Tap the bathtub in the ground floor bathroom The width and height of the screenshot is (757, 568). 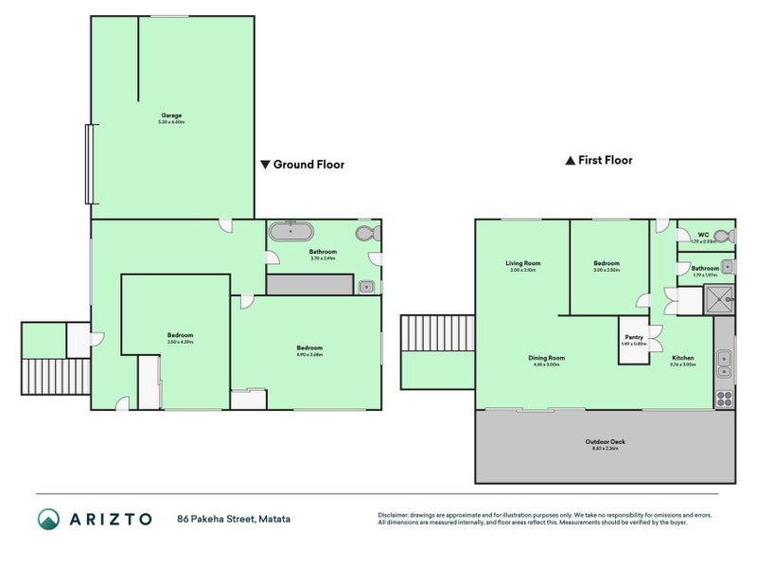click(x=290, y=231)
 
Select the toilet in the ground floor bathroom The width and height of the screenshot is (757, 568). click(x=366, y=234)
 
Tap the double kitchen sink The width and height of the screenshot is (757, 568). click(x=724, y=359)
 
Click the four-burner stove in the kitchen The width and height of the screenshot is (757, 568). click(x=724, y=398)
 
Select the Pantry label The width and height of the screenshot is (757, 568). click(x=632, y=338)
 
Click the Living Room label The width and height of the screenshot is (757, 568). click(x=522, y=264)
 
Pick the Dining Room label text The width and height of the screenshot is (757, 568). click(x=546, y=359)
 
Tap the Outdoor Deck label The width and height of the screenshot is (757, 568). click(x=605, y=443)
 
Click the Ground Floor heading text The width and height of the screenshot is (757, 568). click(x=308, y=165)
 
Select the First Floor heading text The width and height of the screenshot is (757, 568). click(x=605, y=161)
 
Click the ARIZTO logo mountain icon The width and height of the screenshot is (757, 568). click(x=48, y=518)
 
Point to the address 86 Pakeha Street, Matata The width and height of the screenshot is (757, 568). click(x=233, y=519)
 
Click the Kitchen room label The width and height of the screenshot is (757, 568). click(x=682, y=359)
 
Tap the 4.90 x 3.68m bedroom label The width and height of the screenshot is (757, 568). click(x=309, y=349)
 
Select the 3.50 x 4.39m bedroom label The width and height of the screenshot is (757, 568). click(x=180, y=337)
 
